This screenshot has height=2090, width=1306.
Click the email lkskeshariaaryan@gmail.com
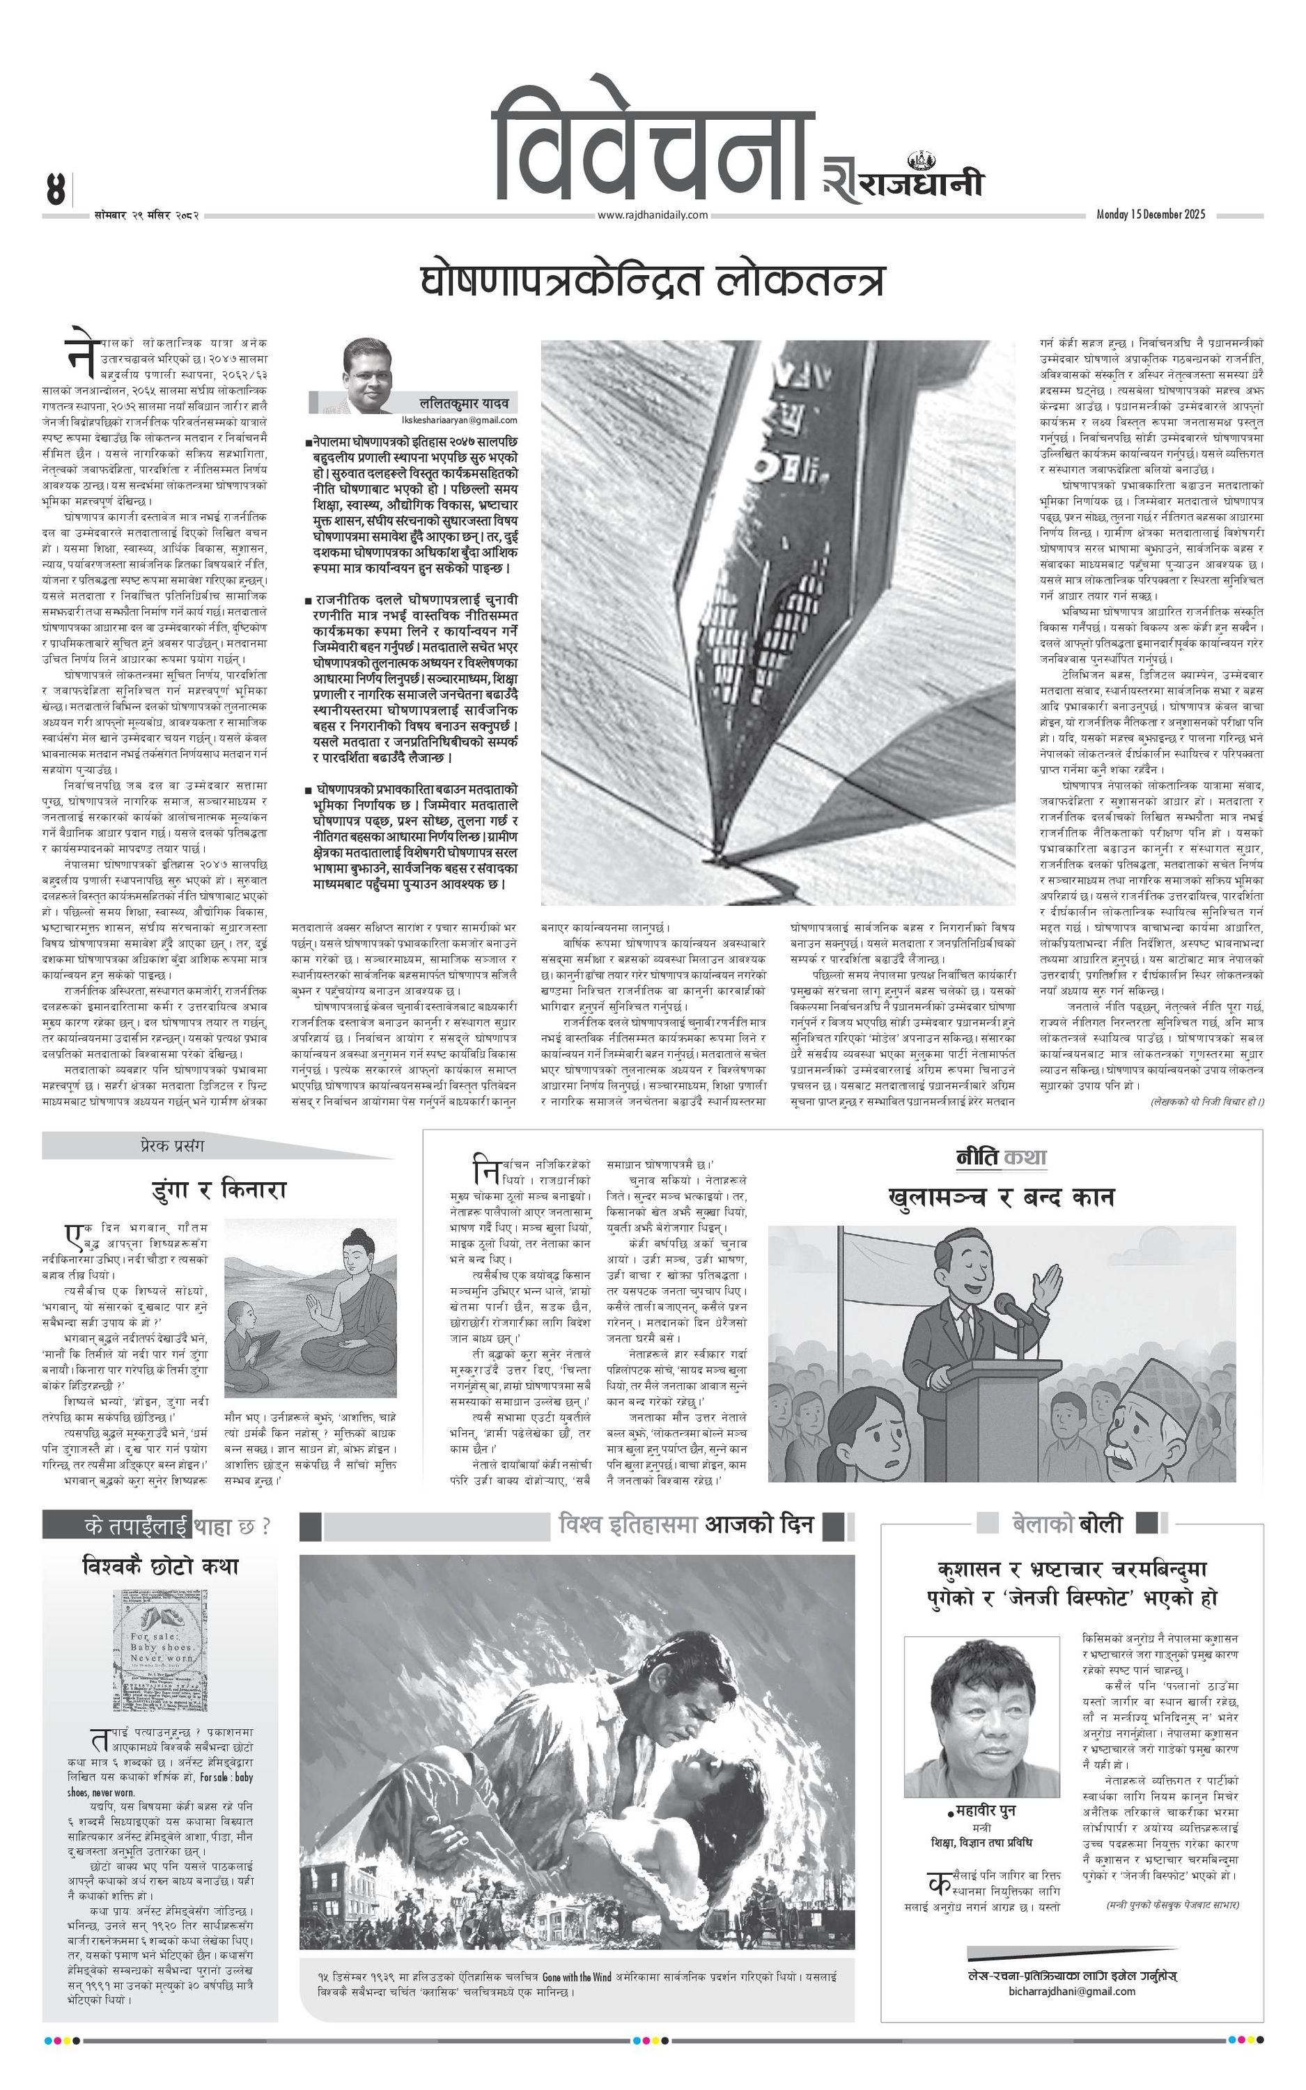pyautogui.click(x=460, y=419)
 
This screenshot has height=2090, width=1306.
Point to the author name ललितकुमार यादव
pyautogui.click(x=464, y=403)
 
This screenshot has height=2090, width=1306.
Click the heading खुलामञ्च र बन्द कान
pyautogui.click(x=1001, y=1197)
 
